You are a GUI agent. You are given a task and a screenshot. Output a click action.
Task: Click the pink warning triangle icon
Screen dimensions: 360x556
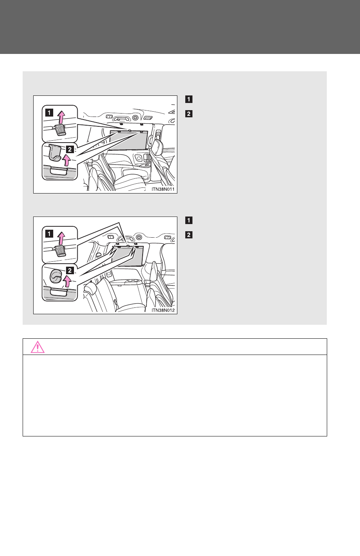pos(37,347)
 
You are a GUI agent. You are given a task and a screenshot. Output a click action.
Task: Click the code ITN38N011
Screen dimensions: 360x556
pos(163,189)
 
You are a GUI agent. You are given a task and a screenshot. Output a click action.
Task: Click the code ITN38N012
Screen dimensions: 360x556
pos(163,310)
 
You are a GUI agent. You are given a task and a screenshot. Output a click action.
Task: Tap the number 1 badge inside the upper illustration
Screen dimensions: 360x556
pos(49,113)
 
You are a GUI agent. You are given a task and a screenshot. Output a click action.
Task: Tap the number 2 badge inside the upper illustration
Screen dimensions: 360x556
pos(70,149)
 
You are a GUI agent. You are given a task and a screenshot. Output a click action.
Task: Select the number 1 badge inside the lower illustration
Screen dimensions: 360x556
pos(49,234)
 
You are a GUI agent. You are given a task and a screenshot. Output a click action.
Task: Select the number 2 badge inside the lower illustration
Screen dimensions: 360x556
pos(70,270)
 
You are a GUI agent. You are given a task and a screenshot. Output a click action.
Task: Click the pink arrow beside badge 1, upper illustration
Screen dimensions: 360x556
pos(62,117)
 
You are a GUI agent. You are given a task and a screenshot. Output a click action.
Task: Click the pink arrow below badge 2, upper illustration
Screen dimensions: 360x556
pos(66,160)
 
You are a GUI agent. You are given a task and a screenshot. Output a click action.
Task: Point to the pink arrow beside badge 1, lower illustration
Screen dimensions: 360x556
pos(62,238)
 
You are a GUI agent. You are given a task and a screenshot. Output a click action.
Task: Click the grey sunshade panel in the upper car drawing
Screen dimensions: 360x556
pos(129,141)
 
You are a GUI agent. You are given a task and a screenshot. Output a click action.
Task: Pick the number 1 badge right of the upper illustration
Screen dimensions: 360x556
pos(189,99)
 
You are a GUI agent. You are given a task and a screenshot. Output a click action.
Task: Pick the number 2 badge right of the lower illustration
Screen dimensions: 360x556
pos(189,235)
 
